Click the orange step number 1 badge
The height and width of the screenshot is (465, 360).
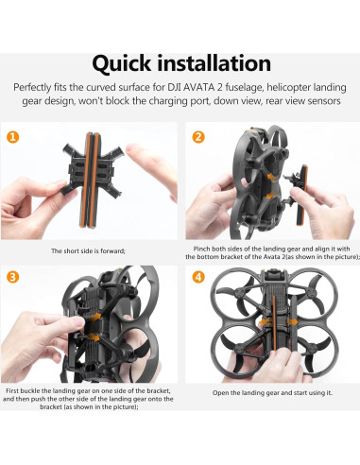pos(14,137)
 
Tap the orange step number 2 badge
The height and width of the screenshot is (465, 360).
pos(198,137)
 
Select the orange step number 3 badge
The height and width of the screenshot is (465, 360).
pos(14,277)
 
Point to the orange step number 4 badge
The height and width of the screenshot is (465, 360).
pos(198,277)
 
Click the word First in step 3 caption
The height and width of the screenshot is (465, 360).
pos(15,390)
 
